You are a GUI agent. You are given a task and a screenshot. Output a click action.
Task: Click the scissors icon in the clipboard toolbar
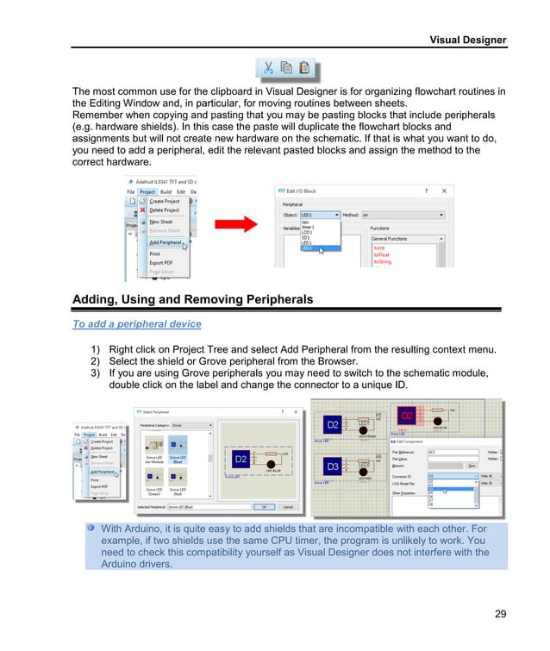tap(268, 67)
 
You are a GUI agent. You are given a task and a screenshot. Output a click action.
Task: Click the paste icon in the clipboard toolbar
tap(304, 67)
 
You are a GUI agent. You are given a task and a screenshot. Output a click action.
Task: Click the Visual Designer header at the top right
tap(468, 40)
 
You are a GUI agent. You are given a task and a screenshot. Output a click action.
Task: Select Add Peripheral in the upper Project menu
tap(165, 243)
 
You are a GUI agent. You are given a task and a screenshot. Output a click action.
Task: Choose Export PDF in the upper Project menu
tap(160, 262)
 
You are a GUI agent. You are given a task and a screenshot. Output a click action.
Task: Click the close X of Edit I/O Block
tap(445, 191)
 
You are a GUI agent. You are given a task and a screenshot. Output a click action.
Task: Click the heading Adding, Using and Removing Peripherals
tap(192, 299)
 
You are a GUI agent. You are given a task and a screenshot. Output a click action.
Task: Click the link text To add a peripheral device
tap(137, 324)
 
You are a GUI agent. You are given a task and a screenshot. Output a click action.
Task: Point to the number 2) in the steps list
tap(97, 360)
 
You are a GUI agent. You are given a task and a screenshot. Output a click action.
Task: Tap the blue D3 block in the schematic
tap(332, 466)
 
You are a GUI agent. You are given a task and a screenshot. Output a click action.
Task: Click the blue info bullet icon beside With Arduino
tap(91, 527)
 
